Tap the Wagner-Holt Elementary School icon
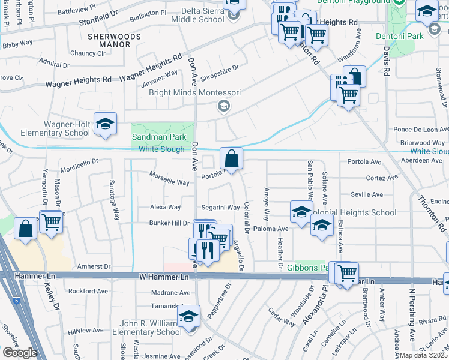(x=105, y=124)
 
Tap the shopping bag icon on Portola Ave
(x=231, y=159)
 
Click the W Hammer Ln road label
(x=164, y=277)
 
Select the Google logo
(x=20, y=353)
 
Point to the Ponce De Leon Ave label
(x=420, y=130)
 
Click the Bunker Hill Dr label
(x=169, y=223)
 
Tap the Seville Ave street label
(x=367, y=194)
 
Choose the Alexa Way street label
(x=166, y=208)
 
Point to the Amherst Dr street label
(x=94, y=266)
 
